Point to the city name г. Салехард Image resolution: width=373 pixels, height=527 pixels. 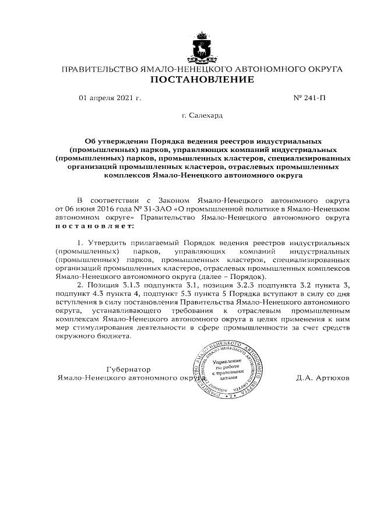[202, 116]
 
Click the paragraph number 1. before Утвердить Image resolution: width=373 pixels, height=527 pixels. [81, 242]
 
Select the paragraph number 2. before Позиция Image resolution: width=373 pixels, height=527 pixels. [81, 284]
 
